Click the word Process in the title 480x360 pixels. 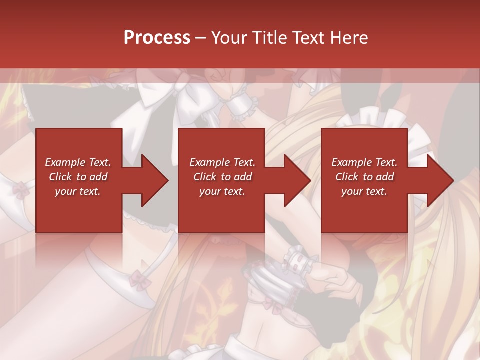pos(157,37)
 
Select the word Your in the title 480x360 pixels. pos(230,37)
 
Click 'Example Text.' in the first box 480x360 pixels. pos(78,162)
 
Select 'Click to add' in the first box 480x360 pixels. pos(78,176)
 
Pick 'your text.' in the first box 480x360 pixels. pos(78,191)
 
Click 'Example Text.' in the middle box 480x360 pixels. pos(222,162)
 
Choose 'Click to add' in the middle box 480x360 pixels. pos(222,176)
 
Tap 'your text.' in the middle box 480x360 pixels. pos(222,191)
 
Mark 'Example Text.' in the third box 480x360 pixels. pos(364,162)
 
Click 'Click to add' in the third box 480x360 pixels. pos(364,176)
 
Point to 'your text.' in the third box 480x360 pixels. pos(364,191)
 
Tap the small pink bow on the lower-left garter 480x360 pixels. pos(140,280)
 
